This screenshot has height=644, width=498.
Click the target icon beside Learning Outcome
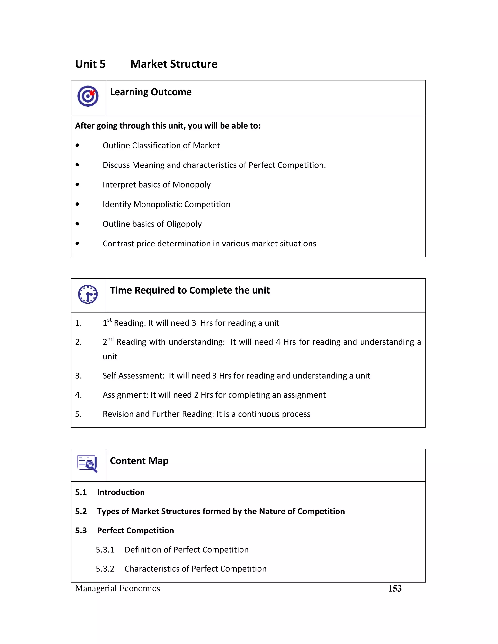point(88,96)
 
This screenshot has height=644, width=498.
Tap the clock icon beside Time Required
point(88,294)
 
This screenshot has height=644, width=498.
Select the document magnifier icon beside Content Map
point(87,463)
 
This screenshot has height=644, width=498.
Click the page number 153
point(395,589)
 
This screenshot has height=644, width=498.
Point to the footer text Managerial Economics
point(117,588)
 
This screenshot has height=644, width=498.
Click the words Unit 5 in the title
point(90,64)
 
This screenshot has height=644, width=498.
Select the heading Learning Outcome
point(151,92)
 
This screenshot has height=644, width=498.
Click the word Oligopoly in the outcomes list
point(184,224)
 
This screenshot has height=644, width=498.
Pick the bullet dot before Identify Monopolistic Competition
point(77,204)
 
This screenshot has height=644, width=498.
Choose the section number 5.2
point(81,511)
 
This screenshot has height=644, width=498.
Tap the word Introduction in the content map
point(121,492)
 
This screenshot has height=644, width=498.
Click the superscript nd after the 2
point(110,339)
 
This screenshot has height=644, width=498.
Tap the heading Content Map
point(139,461)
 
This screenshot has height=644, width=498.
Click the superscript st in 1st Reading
point(109,320)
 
